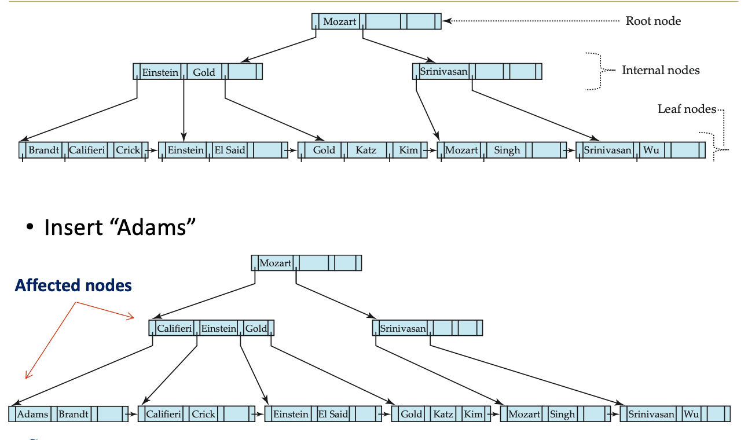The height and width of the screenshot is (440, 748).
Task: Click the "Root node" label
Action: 653,21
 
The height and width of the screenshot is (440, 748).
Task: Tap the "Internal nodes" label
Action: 661,70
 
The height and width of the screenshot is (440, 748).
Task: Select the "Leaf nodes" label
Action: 687,109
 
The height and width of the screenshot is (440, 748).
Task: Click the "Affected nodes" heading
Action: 73,285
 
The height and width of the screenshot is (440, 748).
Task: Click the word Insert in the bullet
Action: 73,228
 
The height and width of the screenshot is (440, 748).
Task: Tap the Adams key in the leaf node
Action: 32,414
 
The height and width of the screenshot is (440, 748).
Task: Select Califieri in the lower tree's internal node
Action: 174,328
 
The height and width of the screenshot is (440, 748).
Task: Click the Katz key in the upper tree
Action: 366,150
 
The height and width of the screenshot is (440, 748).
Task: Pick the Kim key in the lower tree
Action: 473,414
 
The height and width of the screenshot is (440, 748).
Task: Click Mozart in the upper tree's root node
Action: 339,21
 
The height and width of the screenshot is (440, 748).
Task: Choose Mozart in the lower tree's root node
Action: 275,263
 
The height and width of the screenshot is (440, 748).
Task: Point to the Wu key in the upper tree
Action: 651,150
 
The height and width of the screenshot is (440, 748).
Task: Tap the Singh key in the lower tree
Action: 562,414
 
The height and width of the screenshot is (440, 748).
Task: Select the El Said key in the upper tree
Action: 230,150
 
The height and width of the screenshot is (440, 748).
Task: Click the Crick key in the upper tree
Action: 127,150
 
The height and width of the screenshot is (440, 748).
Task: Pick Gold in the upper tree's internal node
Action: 204,72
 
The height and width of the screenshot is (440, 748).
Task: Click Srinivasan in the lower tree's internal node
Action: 403,328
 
